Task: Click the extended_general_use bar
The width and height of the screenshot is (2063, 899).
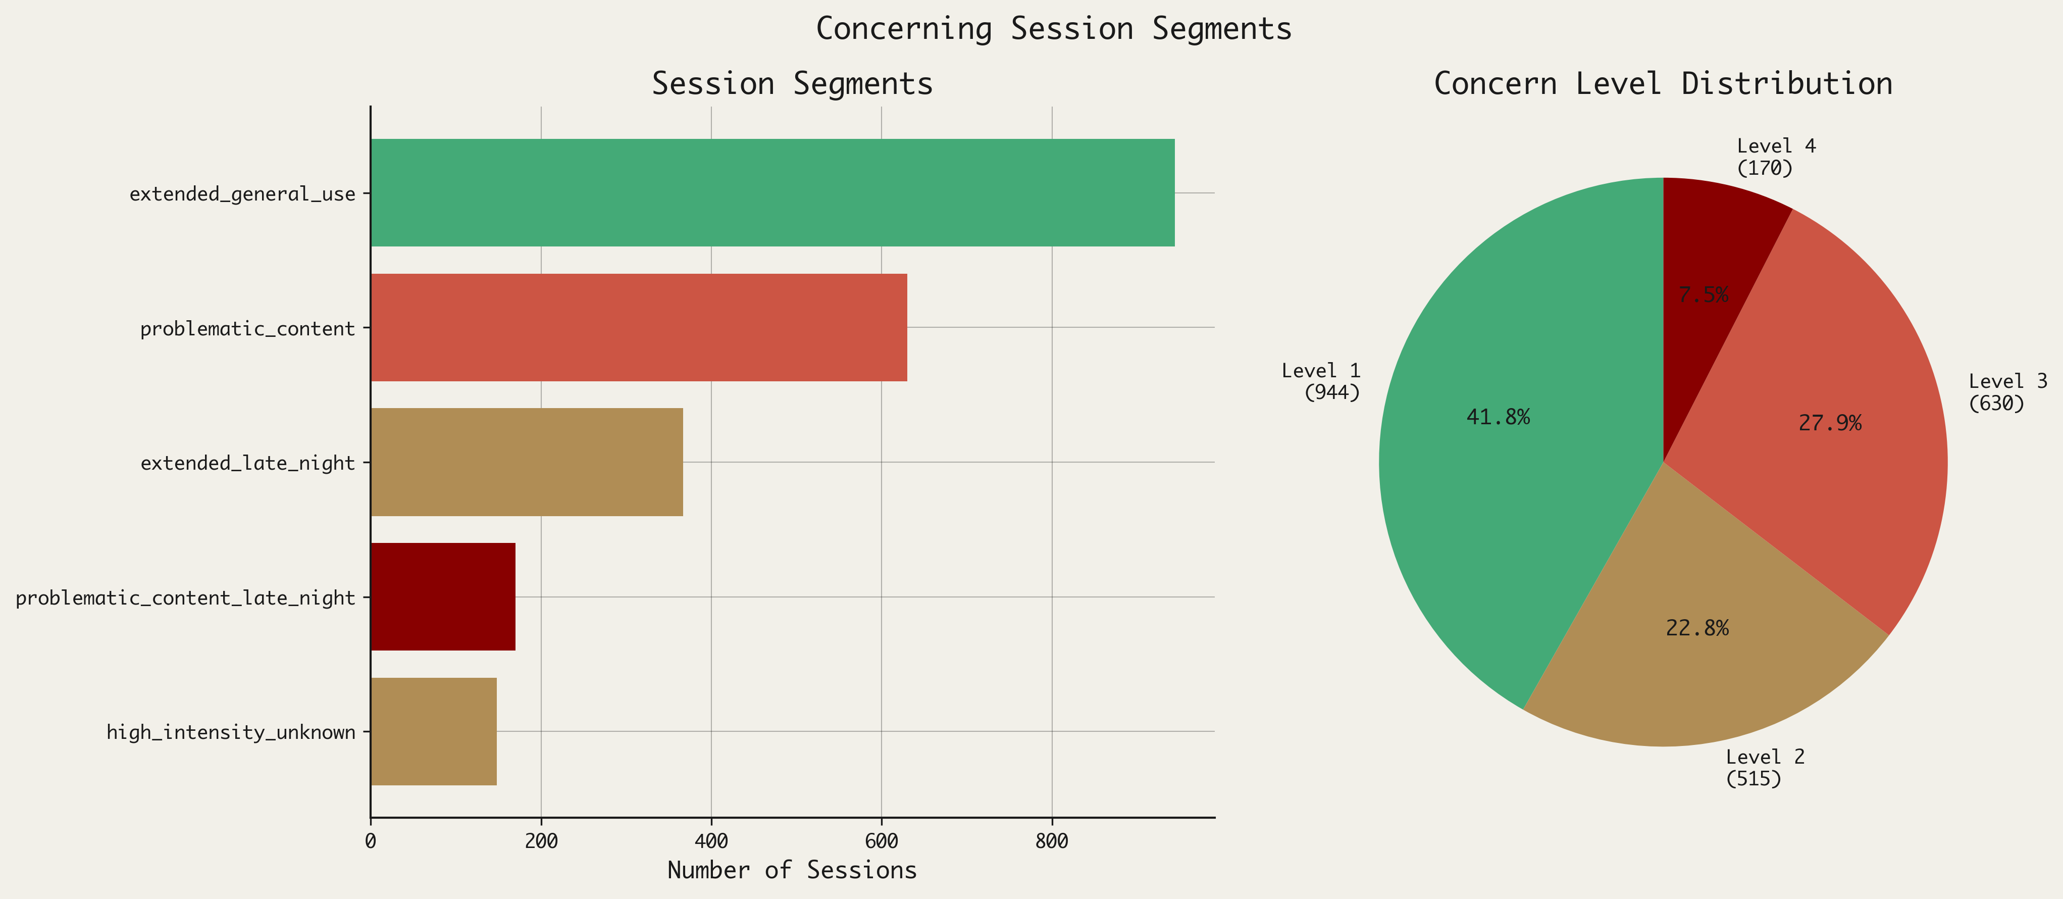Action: [772, 192]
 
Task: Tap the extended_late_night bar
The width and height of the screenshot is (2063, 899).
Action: [526, 462]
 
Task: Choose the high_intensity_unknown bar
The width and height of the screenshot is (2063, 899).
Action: [433, 731]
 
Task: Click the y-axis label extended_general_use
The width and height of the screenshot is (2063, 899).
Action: [242, 194]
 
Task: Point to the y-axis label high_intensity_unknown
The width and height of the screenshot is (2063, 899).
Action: [231, 732]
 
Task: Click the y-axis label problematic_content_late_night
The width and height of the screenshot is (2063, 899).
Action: [185, 597]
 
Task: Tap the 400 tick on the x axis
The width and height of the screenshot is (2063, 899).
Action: [711, 841]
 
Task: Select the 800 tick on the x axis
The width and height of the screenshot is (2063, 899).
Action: [1052, 841]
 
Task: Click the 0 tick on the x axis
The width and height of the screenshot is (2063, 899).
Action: [371, 841]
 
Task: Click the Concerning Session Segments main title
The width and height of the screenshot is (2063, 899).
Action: [1053, 29]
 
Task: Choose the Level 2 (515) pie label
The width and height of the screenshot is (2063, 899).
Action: [1764, 768]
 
